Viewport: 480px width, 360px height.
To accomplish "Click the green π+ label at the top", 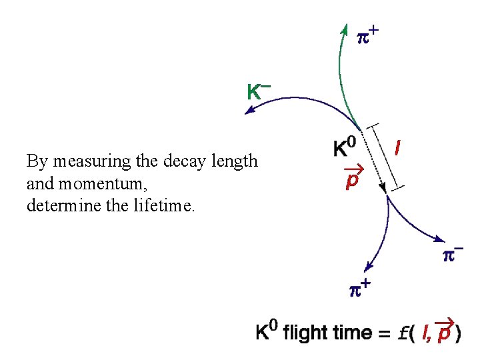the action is tap(368, 35).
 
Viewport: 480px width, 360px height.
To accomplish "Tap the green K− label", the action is tap(257, 91).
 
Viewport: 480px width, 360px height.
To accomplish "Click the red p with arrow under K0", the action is tap(351, 179).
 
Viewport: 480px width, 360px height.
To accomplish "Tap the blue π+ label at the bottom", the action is tap(360, 289).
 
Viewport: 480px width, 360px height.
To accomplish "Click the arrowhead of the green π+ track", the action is tap(344, 29).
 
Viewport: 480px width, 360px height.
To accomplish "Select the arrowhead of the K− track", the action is tap(249, 111).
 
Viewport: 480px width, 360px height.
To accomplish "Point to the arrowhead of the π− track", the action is tap(441, 239).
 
